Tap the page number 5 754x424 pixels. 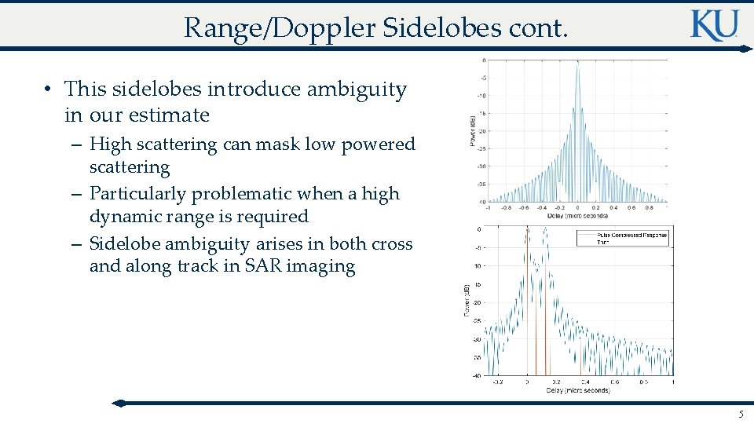coord(740,414)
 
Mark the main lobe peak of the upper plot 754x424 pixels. coord(577,62)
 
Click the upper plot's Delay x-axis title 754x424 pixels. coord(577,216)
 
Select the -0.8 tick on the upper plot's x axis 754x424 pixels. coord(507,208)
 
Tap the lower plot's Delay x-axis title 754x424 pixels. coord(577,390)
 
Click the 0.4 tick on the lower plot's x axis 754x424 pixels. coord(585,382)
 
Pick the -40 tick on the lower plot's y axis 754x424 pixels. coord(477,375)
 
